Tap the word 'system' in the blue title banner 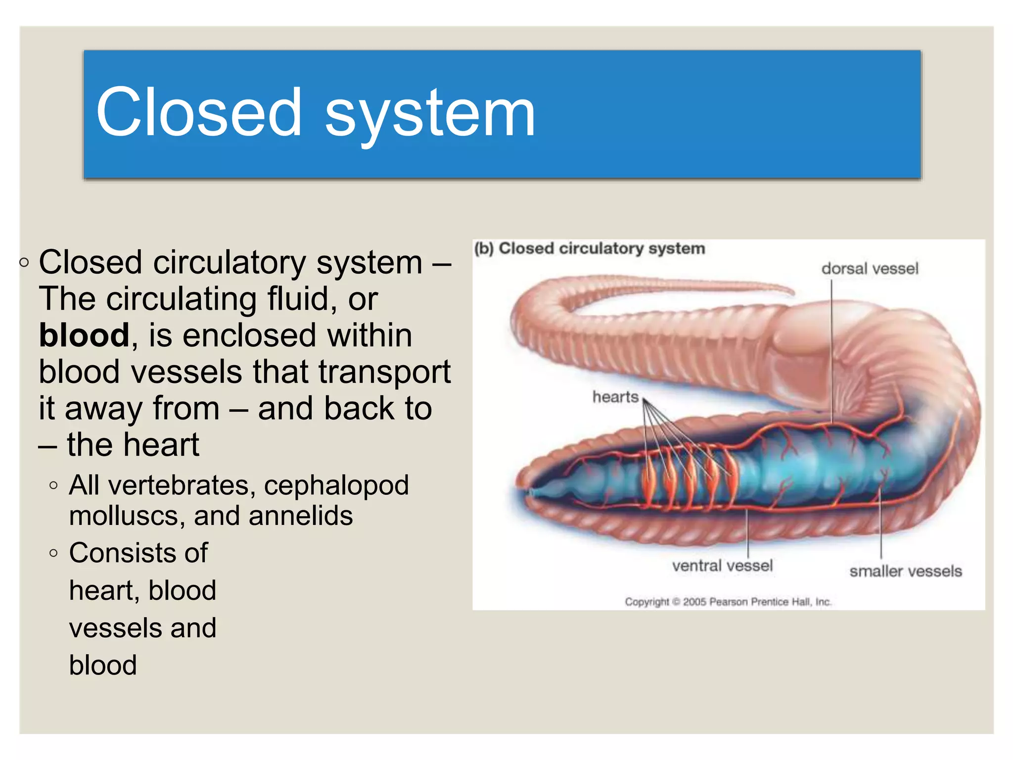click(430, 115)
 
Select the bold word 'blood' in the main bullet click(84, 335)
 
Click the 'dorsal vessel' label click(870, 269)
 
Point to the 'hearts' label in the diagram click(615, 397)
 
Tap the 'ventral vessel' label click(722, 566)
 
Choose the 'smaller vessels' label click(906, 571)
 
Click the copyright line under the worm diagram click(728, 602)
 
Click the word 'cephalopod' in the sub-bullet click(336, 485)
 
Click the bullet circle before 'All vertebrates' click(54, 486)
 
